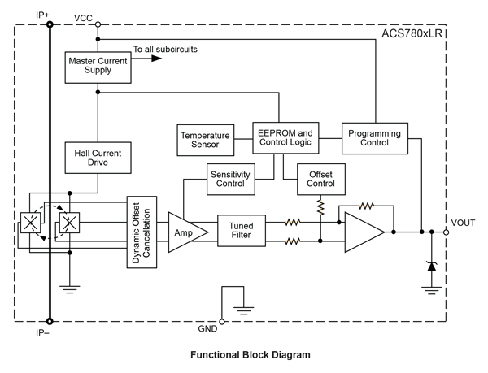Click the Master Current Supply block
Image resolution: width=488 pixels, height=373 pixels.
tap(97, 65)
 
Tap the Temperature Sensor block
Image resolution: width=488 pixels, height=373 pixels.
tap(205, 139)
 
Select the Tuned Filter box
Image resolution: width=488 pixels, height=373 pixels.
tap(242, 230)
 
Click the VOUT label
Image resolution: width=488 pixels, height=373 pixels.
tap(464, 223)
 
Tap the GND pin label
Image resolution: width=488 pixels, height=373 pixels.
tap(208, 328)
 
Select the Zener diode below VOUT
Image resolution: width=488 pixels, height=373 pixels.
tap(431, 266)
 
